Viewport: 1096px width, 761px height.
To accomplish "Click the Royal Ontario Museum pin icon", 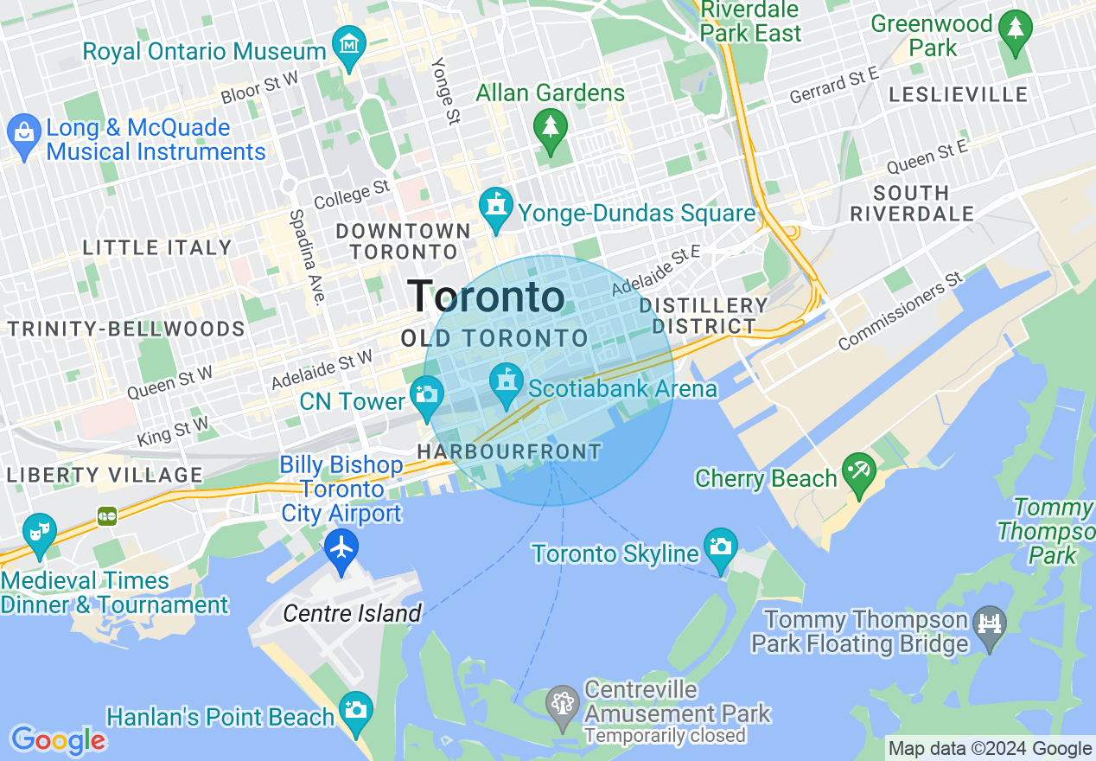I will pos(349,44).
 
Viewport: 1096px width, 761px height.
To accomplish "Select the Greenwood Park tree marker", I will pos(1015,29).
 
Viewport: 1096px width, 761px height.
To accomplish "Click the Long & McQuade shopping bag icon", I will pos(23,132).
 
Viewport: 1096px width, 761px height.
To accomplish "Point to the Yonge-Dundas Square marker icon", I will pos(496,207).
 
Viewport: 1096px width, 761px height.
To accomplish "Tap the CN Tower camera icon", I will pos(426,394).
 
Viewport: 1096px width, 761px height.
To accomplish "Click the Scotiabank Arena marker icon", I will pos(507,381).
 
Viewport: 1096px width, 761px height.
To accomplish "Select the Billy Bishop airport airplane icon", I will pos(342,547).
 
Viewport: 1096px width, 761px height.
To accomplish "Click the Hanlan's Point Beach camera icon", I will pos(355,710).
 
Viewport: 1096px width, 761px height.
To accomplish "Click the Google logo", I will pos(58,740).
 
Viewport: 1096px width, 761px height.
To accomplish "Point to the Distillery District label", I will pos(704,316).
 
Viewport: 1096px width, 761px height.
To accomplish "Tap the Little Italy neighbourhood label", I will pos(157,248).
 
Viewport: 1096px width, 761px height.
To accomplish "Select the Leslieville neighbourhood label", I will pos(958,94).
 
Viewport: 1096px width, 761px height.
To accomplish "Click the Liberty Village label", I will pos(104,475).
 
